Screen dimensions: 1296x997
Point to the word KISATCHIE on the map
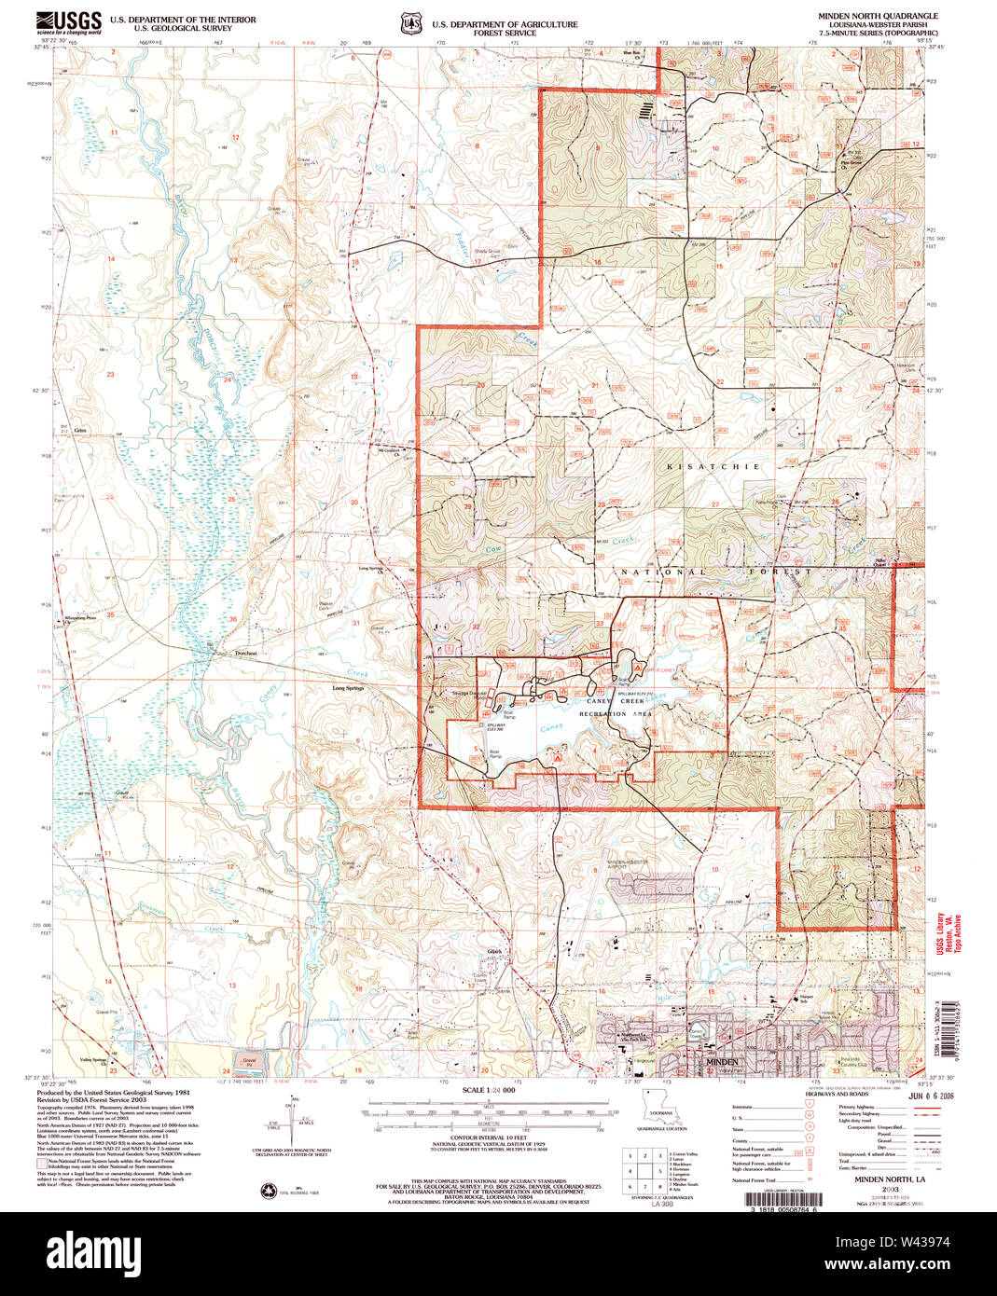point(713,466)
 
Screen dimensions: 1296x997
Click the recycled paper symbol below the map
point(272,1190)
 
